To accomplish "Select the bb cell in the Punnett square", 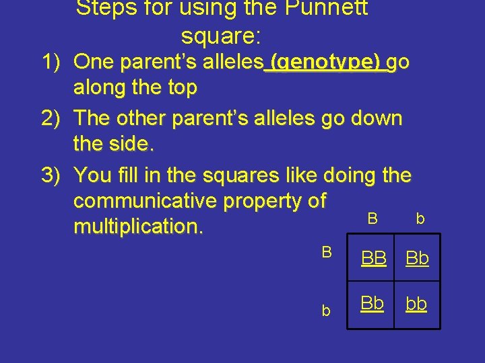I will coord(417,304).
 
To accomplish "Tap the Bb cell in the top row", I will coord(417,258).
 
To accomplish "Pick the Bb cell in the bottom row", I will coord(373,303).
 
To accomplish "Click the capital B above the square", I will coord(372,218).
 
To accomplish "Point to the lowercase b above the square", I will coord(420,218).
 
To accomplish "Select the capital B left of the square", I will coord(327,252).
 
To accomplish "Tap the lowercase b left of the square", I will coord(326,311).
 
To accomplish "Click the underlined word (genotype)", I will coord(327,63).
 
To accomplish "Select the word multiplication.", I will coord(138,227).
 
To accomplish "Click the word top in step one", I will coord(182,88).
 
